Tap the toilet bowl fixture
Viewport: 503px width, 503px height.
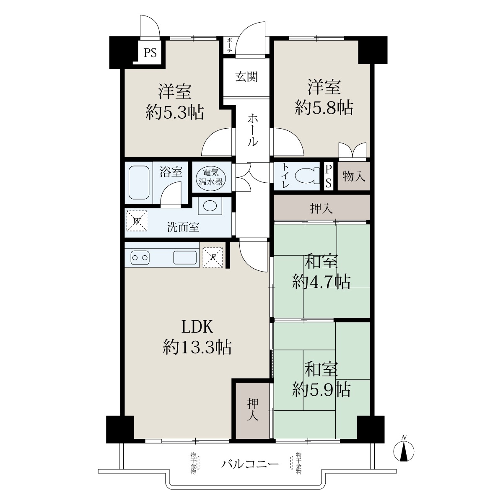pyautogui.click(x=307, y=176)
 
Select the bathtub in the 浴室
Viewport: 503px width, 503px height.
pyautogui.click(x=139, y=182)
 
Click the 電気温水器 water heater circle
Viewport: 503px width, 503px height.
pyautogui.click(x=211, y=177)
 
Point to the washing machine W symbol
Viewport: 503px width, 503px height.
pyautogui.click(x=137, y=221)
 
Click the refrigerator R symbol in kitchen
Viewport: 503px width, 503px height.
pyautogui.click(x=213, y=257)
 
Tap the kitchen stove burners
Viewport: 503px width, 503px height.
pyautogui.click(x=140, y=258)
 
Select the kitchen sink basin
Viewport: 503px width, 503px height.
pyautogui.click(x=185, y=257)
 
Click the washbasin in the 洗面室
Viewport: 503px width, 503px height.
pyautogui.click(x=210, y=206)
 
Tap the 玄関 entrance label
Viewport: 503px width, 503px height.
pyautogui.click(x=246, y=77)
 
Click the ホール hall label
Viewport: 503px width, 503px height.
pyautogui.click(x=253, y=130)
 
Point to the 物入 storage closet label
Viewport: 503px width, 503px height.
pyautogui.click(x=354, y=176)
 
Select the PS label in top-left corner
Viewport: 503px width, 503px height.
pyautogui.click(x=150, y=53)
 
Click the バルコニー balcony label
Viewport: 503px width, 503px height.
pyautogui.click(x=250, y=464)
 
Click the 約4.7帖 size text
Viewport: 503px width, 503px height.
pyautogui.click(x=321, y=281)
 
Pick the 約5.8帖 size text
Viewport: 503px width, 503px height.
pyautogui.click(x=324, y=108)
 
